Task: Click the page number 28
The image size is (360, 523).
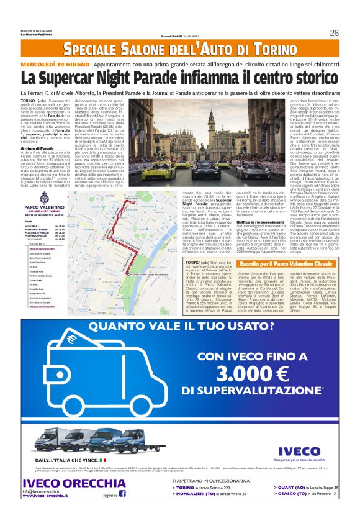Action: (x=335, y=33)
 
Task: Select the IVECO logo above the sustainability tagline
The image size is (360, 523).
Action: (x=299, y=452)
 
